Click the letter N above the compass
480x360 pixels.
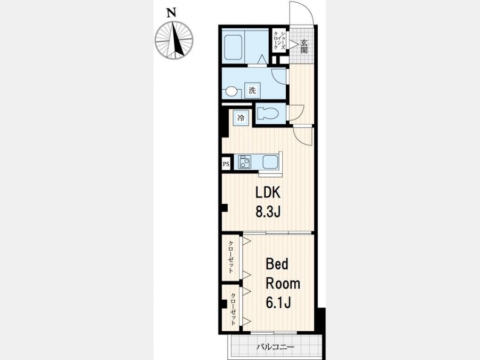[172, 13]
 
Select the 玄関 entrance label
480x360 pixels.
[303, 46]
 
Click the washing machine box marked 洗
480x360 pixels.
[252, 91]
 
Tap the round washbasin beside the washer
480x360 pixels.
[231, 92]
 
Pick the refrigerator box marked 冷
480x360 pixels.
[241, 118]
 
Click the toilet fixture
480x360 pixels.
[268, 114]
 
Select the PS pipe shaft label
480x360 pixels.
[226, 164]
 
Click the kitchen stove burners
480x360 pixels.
[245, 162]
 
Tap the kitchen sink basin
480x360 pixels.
[270, 162]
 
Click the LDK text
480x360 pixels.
[268, 193]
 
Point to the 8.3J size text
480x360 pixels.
[268, 211]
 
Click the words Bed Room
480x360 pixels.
[283, 274]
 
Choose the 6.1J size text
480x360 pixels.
[278, 303]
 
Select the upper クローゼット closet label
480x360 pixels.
[231, 257]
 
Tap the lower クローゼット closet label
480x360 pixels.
[233, 309]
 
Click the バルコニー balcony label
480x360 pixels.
[275, 347]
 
